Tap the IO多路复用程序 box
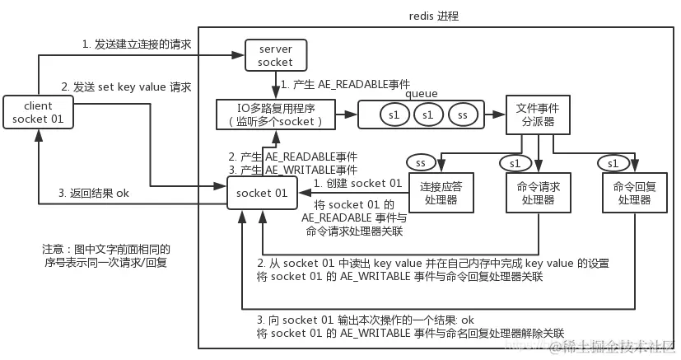pyautogui.click(x=276, y=115)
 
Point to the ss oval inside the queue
pyautogui.click(x=462, y=115)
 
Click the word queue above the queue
pyautogui.click(x=422, y=93)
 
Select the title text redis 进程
pyautogui.click(x=434, y=16)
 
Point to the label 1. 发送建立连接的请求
pyautogui.click(x=137, y=44)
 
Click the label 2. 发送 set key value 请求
pyautogui.click(x=124, y=86)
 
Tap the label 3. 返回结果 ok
pyautogui.click(x=94, y=194)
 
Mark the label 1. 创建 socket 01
pyautogui.click(x=357, y=183)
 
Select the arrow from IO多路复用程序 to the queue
pyautogui.click(x=347, y=115)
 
